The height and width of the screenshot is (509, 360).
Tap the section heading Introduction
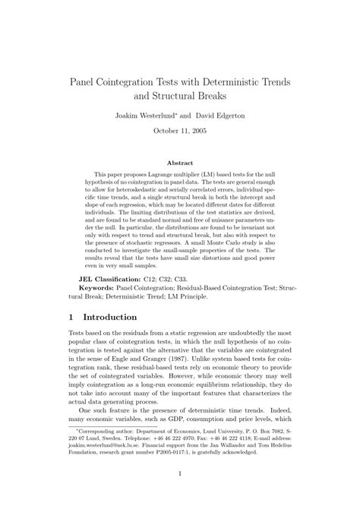pyautogui.click(x=113, y=317)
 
